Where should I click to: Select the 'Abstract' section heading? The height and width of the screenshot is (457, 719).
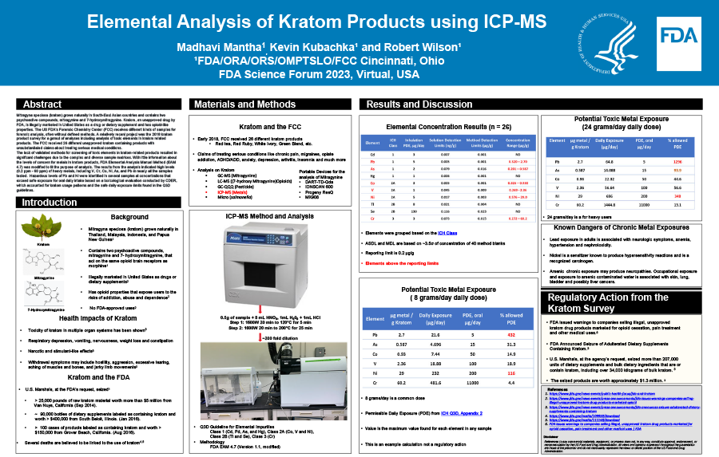point(42,104)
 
